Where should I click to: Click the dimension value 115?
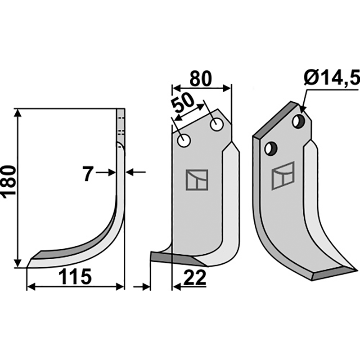(75, 277)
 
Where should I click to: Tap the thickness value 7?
(88, 174)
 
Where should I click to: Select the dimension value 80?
(200, 79)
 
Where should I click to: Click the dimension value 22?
(195, 278)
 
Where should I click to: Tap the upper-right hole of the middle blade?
(216, 125)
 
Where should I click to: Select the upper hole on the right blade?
(298, 121)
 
